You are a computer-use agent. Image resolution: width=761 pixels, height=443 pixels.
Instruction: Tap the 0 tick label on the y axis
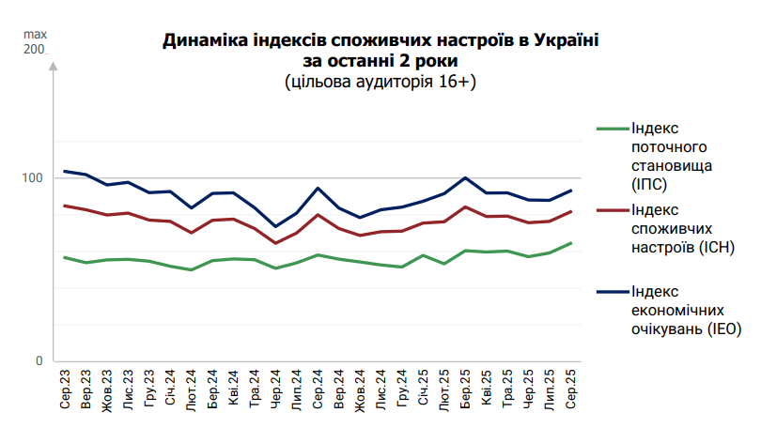[x=38, y=361]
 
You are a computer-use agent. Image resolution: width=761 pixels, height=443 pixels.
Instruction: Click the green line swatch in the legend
[x=613, y=129]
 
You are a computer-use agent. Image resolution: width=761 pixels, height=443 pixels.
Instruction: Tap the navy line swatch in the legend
[x=613, y=292]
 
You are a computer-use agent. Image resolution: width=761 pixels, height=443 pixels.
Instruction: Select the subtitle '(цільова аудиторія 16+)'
[x=380, y=83]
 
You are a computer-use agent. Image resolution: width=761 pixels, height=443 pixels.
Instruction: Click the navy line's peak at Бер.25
[x=466, y=177]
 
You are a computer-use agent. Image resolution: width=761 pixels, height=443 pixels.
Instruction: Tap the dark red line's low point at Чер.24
[x=276, y=243]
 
